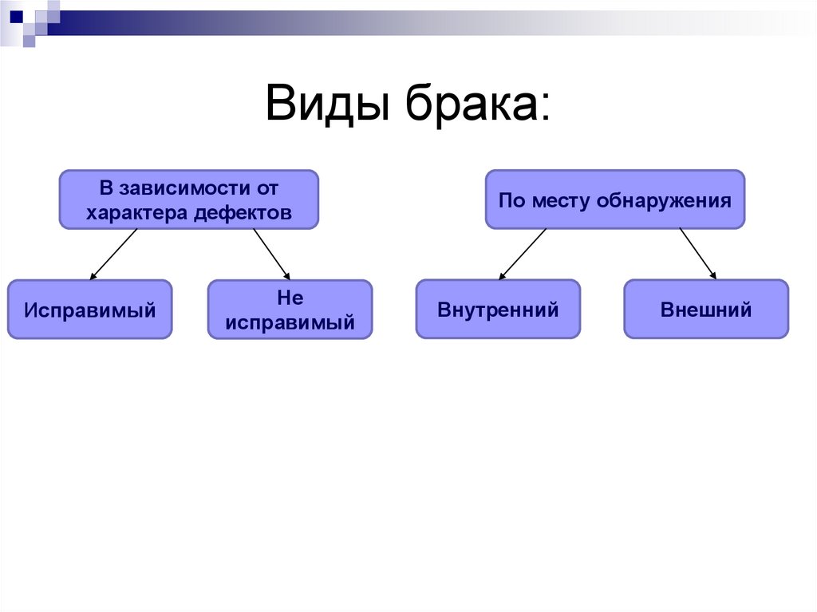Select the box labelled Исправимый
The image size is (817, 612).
coord(89,310)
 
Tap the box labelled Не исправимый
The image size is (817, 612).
coord(290,310)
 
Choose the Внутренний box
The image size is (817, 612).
coord(498,309)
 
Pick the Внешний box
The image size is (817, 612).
coord(706,309)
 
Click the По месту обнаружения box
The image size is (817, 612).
coord(614,199)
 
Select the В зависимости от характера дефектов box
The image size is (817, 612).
coord(189,199)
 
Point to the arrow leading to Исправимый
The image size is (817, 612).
coord(114,255)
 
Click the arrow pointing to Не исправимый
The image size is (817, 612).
coord(271,255)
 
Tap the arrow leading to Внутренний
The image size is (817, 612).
coord(523,254)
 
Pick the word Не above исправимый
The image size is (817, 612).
coord(290,298)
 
